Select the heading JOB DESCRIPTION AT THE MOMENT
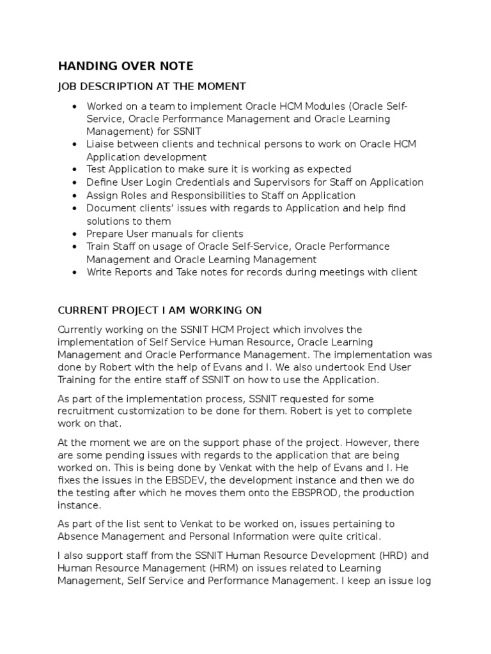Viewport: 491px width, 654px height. click(x=152, y=86)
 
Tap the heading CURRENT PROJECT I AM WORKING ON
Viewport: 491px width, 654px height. click(x=160, y=310)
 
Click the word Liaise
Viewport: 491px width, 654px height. click(x=100, y=144)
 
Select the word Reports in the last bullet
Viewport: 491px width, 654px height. click(x=132, y=272)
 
